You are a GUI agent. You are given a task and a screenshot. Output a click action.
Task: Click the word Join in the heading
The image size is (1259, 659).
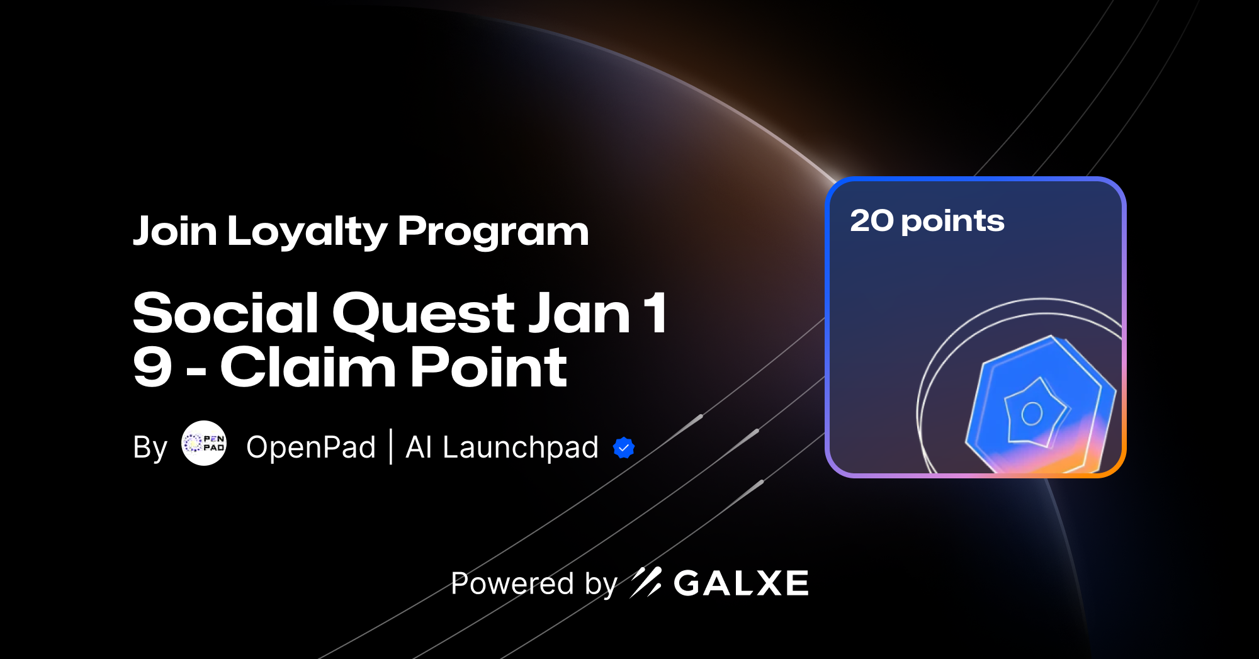click(175, 232)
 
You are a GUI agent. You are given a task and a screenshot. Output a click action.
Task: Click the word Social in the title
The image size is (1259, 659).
click(225, 313)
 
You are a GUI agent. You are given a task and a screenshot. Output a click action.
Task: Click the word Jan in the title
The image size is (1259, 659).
click(579, 313)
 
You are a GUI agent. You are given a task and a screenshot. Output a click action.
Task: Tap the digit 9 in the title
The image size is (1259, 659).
click(152, 368)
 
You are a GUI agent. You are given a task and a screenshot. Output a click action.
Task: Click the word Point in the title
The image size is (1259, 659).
click(488, 368)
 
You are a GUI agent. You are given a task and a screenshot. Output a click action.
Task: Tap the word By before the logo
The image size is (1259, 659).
click(150, 448)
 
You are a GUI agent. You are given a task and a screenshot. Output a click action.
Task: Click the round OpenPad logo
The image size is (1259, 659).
click(204, 443)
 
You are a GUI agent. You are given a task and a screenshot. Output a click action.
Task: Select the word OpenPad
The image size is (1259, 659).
click(311, 448)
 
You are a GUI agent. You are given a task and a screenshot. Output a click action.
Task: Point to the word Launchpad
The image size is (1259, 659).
click(520, 448)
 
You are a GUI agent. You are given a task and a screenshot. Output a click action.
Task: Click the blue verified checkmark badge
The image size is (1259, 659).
click(624, 448)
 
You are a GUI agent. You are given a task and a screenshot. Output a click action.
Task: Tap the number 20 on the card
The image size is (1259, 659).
click(872, 221)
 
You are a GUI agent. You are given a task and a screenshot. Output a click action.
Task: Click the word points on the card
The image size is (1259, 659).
click(952, 222)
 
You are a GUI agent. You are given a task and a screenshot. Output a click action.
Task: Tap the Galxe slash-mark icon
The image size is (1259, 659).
click(646, 582)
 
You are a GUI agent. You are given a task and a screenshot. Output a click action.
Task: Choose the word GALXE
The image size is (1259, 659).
click(741, 583)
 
